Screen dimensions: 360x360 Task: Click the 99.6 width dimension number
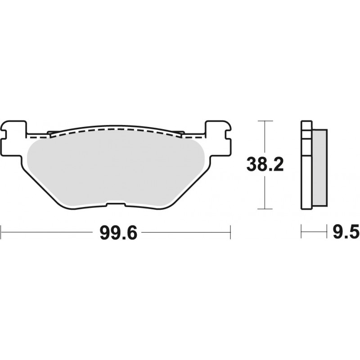click(x=118, y=233)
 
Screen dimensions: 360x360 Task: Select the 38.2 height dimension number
click(x=265, y=164)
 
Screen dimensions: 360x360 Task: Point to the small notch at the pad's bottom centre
click(x=116, y=203)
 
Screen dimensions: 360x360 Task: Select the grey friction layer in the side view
click(x=319, y=167)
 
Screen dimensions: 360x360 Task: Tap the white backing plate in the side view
click(x=306, y=165)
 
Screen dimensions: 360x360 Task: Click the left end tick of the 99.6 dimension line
click(x=1, y=232)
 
